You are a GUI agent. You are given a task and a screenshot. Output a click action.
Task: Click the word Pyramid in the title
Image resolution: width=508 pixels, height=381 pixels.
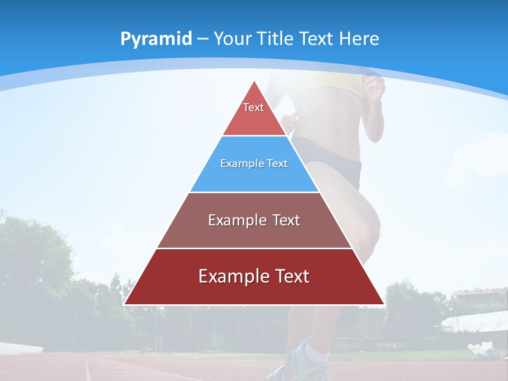coord(156,39)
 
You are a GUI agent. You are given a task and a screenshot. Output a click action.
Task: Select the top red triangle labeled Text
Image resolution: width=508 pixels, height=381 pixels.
coord(253,114)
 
